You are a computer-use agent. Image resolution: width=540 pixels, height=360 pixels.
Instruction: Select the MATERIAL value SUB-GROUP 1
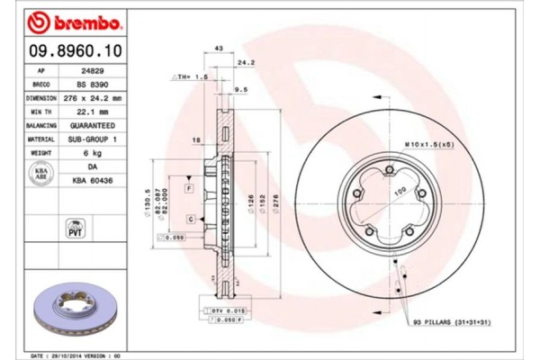(89, 139)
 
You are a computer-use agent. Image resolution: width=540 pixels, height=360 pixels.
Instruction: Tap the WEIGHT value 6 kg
(89, 154)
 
